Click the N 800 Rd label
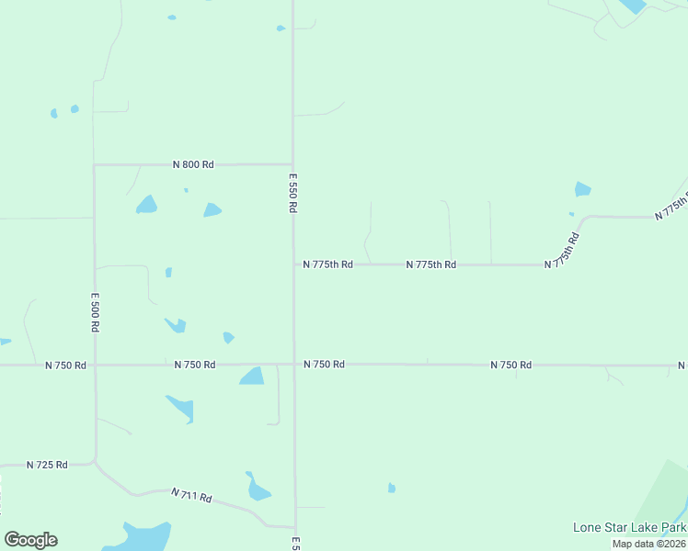coord(193,164)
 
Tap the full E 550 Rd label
coord(292,193)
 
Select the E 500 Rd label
coord(95,312)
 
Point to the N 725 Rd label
coord(47,465)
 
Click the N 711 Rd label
coord(191,496)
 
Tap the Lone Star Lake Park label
coord(629,527)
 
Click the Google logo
coord(30,540)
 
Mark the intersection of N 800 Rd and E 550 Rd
coord(292,164)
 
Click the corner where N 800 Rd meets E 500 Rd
coord(95,165)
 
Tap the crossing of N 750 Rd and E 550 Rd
coord(294,365)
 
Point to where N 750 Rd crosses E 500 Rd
coord(95,365)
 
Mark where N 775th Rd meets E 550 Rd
coord(293,264)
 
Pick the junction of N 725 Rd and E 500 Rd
coord(95,463)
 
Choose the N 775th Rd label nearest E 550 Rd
coord(328,264)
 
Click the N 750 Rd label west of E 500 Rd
coord(65,365)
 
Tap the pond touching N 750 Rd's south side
coord(251,376)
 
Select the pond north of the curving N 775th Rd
coord(582,189)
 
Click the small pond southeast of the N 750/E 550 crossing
coord(391,488)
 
